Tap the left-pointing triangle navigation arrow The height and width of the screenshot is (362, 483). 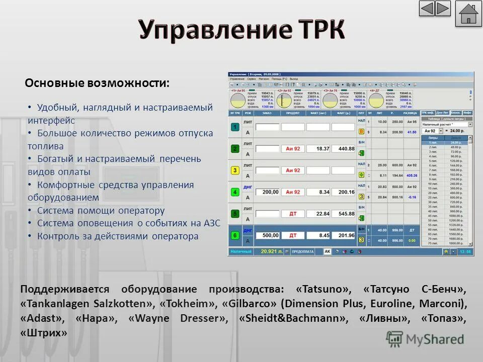click(x=427, y=9)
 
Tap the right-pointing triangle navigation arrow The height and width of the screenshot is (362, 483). click(x=443, y=9)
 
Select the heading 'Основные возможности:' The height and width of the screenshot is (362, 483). click(x=97, y=83)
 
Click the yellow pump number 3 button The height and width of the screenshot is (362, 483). click(x=235, y=170)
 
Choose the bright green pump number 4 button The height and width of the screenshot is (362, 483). click(x=235, y=192)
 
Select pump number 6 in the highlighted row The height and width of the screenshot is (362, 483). click(x=235, y=235)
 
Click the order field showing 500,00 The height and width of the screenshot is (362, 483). click(x=267, y=235)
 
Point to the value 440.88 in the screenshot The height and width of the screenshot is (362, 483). click(x=346, y=149)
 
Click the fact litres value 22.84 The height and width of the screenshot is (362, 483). click(x=319, y=214)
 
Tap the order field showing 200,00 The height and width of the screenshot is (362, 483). click(x=267, y=192)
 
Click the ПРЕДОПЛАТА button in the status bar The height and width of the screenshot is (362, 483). click(x=304, y=251)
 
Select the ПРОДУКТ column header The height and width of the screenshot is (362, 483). click(x=293, y=114)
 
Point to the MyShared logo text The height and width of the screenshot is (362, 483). click(x=436, y=339)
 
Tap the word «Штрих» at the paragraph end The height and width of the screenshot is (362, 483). click(x=43, y=333)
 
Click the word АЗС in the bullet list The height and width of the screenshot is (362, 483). click(x=212, y=223)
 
